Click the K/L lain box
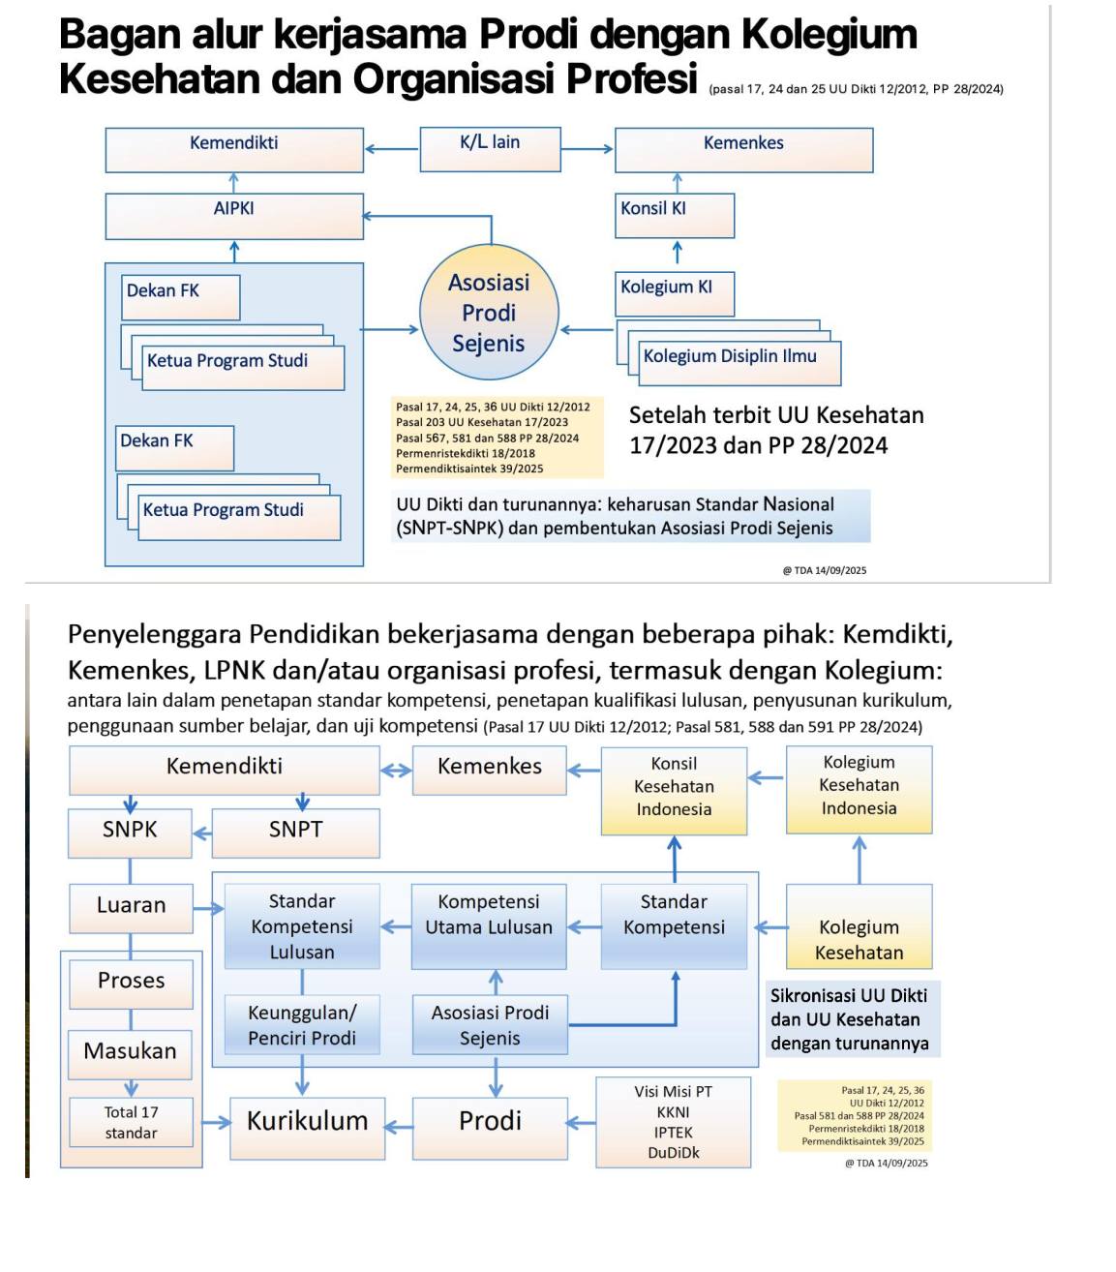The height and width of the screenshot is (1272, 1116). (490, 148)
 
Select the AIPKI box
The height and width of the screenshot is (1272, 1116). (234, 215)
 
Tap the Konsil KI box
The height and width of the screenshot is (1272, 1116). (676, 215)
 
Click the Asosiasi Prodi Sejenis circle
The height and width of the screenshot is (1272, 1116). (489, 313)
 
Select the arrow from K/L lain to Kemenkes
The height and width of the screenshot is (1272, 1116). (587, 149)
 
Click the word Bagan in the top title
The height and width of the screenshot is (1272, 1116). (119, 35)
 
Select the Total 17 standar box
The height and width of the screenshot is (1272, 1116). (131, 1123)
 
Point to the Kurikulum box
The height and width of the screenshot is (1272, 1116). (307, 1123)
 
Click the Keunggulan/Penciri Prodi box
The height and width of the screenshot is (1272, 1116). (302, 1025)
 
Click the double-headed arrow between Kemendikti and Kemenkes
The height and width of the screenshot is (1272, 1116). (396, 771)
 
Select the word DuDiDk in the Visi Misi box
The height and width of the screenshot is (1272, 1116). (674, 1152)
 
